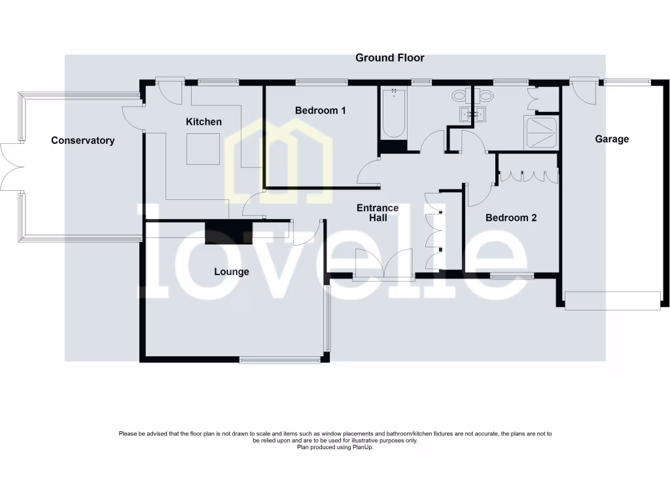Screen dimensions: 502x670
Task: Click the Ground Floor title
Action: [389, 58]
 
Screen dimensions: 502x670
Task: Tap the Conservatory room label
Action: [82, 141]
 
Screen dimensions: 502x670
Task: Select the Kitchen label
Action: [203, 122]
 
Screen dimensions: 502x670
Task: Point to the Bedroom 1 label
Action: [320, 110]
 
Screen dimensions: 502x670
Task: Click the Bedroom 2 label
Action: [511, 218]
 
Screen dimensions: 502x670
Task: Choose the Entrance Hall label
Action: [378, 212]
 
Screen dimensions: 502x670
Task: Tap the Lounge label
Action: [232, 271]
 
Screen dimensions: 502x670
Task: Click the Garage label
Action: [612, 139]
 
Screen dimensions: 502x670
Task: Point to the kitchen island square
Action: [203, 149]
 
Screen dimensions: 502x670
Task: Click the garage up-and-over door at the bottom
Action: [612, 300]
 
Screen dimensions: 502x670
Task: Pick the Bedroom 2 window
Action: [512, 276]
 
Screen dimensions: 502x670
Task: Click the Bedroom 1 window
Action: [321, 82]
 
